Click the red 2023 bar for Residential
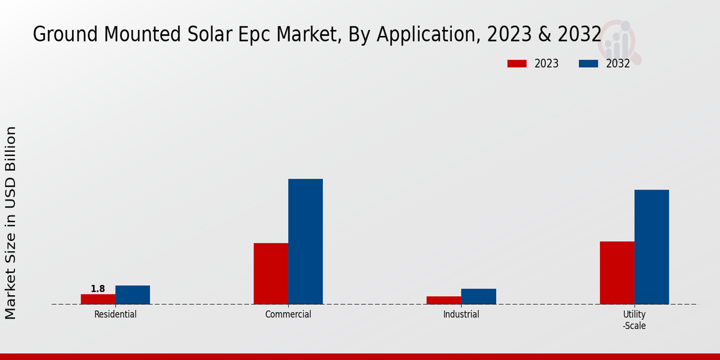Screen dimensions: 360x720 pos(98,299)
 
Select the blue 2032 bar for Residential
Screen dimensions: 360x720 pos(133,295)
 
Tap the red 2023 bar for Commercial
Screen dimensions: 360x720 pos(271,274)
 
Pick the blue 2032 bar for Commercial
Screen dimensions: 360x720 pos(305,241)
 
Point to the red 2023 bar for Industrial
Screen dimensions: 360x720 pos(444,300)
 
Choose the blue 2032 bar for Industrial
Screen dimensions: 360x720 pos(479,296)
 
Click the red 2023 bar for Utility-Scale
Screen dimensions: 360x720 pos(617,272)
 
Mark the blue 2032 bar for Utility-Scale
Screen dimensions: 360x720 pos(652,247)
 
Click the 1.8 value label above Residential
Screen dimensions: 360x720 pos(98,289)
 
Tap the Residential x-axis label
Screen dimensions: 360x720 pos(115,314)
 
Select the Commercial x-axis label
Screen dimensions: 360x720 pos(288,314)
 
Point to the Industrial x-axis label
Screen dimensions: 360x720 pos(461,314)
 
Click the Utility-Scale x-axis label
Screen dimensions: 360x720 pos(634,320)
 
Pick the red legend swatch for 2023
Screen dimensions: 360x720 pos(517,64)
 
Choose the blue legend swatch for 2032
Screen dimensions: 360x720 pos(589,64)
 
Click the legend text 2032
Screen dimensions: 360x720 pos(617,64)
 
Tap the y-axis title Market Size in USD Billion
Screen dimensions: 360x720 pos(11,223)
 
